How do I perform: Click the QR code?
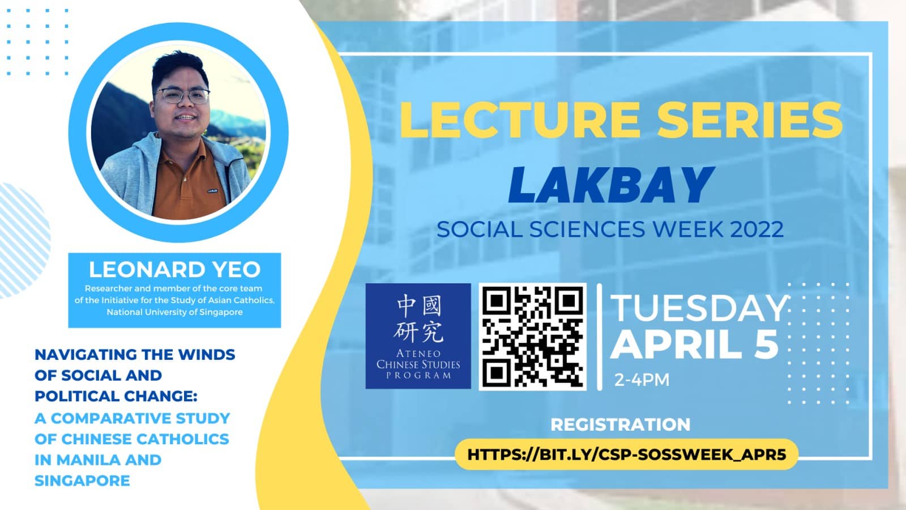(532, 337)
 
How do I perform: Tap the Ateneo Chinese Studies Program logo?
(418, 336)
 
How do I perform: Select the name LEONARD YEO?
(174, 270)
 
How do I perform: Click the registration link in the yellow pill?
(626, 454)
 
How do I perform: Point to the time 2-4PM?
(642, 380)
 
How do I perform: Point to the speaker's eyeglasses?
(182, 95)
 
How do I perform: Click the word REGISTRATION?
(620, 424)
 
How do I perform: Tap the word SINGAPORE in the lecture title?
(82, 481)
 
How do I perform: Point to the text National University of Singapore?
(174, 312)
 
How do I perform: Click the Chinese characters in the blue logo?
(418, 318)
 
